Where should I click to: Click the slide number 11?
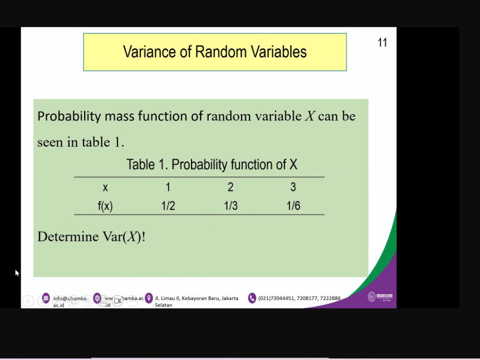[x=382, y=43]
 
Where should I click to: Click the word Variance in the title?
[x=148, y=52]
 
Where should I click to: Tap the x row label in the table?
[x=105, y=188]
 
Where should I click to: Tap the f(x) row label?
[x=105, y=206]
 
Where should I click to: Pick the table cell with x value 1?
[x=168, y=188]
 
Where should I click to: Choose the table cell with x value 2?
[x=231, y=188]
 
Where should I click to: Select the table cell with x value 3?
[x=293, y=188]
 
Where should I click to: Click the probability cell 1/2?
[x=168, y=206]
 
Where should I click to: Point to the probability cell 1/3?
[x=231, y=206]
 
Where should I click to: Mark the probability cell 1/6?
[x=293, y=206]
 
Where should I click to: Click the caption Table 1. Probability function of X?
[x=212, y=165]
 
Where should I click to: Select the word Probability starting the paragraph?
[x=69, y=117]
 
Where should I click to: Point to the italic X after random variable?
[x=310, y=117]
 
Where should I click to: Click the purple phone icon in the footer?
[x=252, y=298]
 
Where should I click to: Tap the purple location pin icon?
[x=149, y=298]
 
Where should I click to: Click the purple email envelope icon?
[x=46, y=298]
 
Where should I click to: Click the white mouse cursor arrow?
[x=17, y=273]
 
